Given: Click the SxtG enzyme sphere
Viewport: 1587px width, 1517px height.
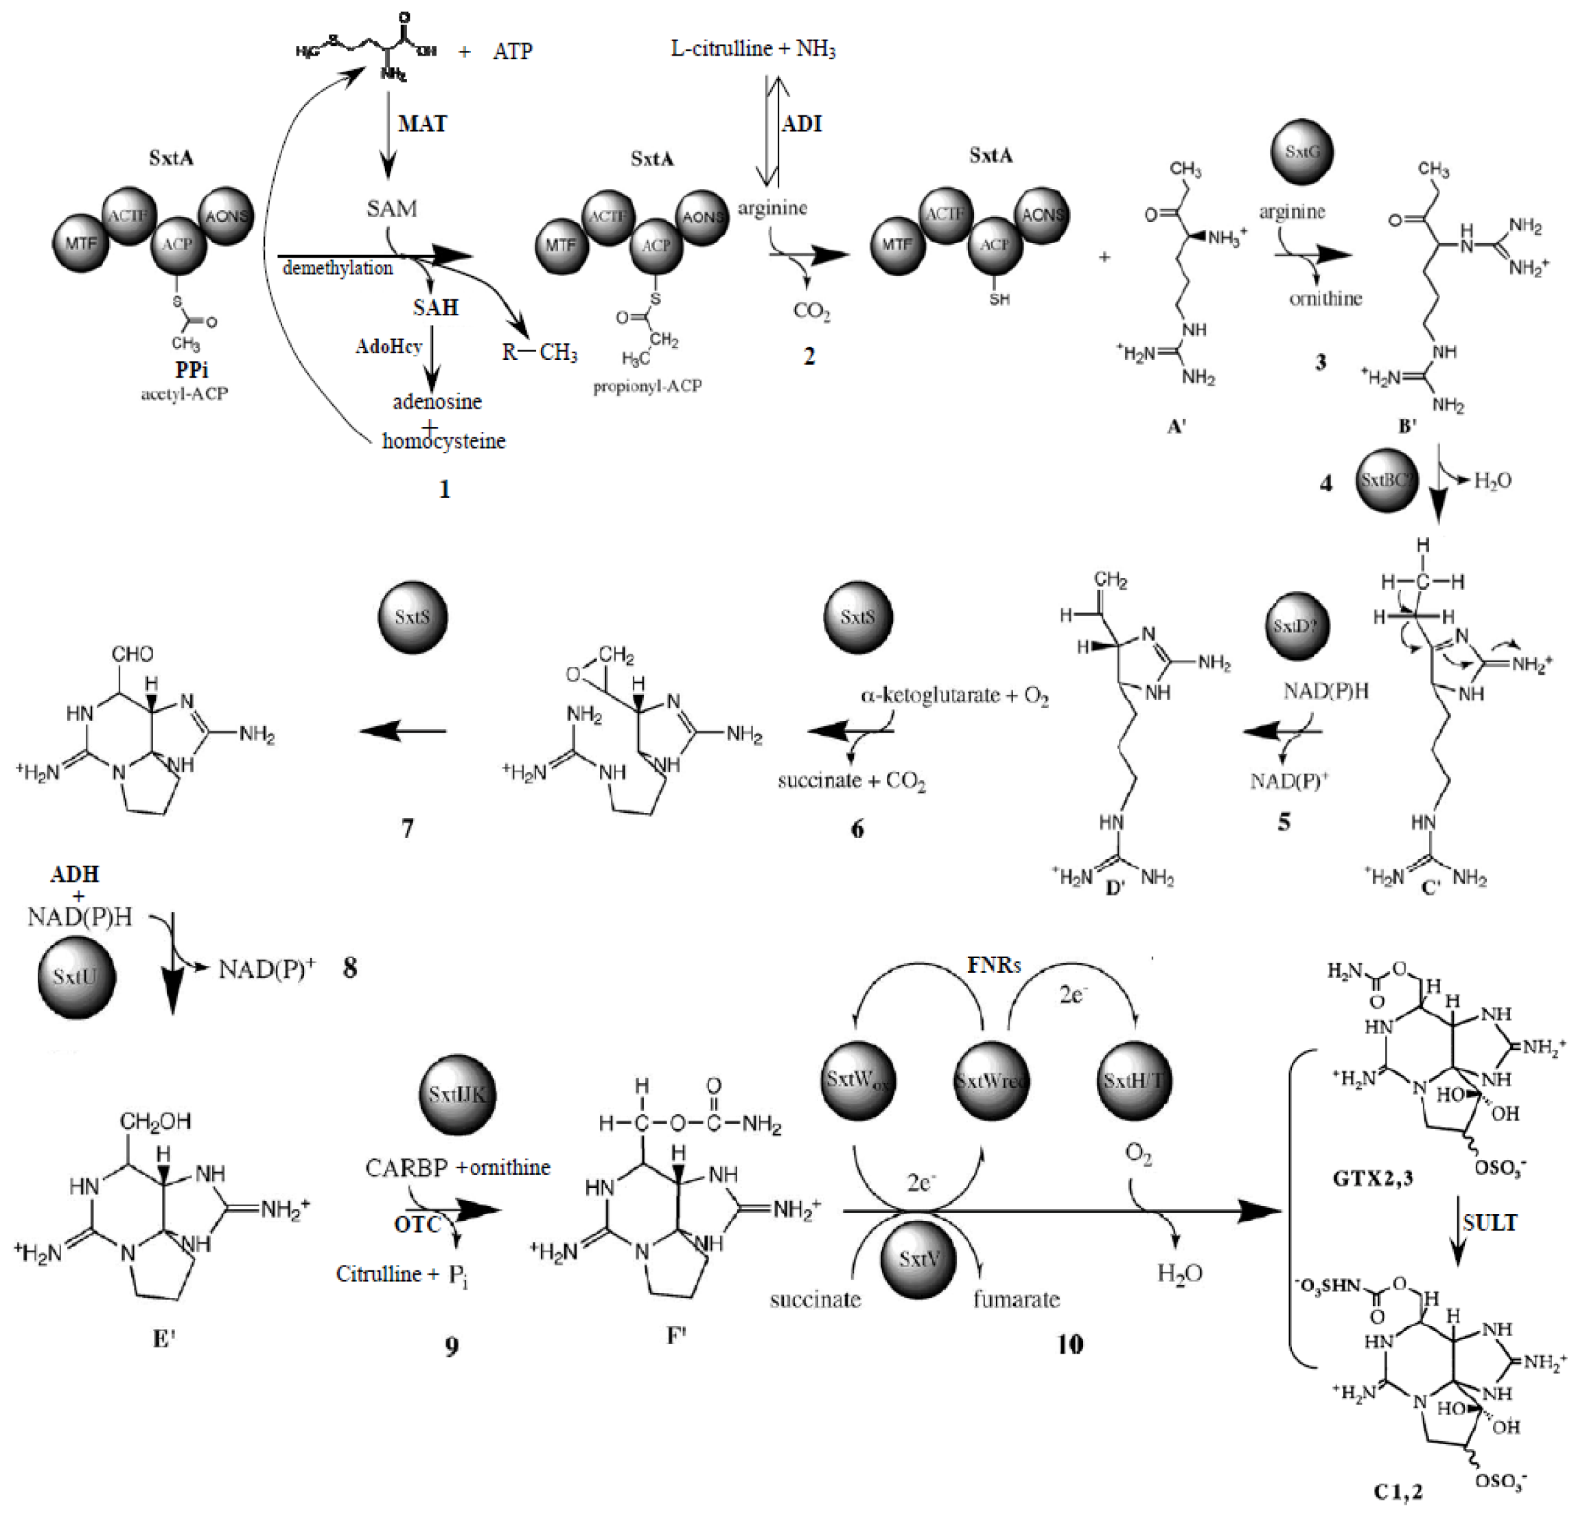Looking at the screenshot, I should pyautogui.click(x=1301, y=151).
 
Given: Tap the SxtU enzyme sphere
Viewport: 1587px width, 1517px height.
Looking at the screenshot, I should pyautogui.click(x=76, y=976).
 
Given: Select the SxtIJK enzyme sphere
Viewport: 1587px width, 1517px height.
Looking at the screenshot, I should pyautogui.click(x=458, y=1094).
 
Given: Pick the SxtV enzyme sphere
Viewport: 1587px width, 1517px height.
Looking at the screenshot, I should pyautogui.click(x=918, y=1258).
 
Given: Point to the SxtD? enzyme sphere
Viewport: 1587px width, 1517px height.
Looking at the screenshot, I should pyautogui.click(x=1295, y=626).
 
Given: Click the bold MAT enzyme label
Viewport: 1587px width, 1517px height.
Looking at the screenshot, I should pyautogui.click(x=422, y=124).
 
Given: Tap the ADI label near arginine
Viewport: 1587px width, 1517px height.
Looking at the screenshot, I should pyautogui.click(x=801, y=124).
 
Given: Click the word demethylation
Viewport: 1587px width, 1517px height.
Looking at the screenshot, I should pyautogui.click(x=337, y=268).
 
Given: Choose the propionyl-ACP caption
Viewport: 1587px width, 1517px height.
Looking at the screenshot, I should pyautogui.click(x=647, y=386).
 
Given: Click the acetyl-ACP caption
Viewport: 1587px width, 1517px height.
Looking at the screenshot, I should pyautogui.click(x=185, y=393).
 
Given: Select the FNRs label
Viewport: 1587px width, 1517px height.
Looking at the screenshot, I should pyautogui.click(x=994, y=965).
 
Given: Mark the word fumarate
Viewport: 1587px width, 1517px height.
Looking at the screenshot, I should pyautogui.click(x=1016, y=1299).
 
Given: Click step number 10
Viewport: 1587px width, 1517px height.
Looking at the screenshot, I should pyautogui.click(x=1069, y=1344).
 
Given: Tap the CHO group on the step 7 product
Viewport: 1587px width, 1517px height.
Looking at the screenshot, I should pyautogui.click(x=132, y=653).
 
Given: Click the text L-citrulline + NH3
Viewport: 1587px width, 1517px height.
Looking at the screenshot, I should pyautogui.click(x=753, y=49).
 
